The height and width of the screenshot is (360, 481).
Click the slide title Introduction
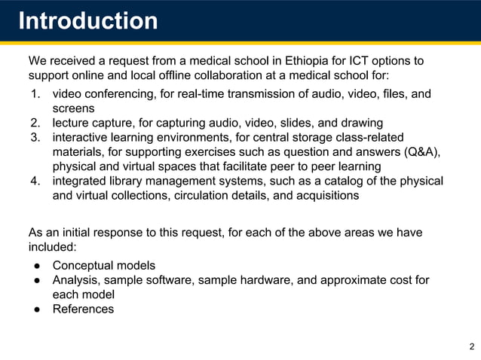click(x=87, y=20)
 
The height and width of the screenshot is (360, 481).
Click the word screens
click(x=73, y=108)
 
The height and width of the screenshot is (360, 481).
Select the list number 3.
click(x=35, y=137)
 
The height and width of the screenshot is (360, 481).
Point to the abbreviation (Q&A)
click(x=421, y=151)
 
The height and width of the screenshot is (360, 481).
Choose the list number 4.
click(x=35, y=181)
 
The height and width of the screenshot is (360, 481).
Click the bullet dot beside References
click(x=35, y=309)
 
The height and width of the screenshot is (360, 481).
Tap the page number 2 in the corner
click(x=471, y=346)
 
